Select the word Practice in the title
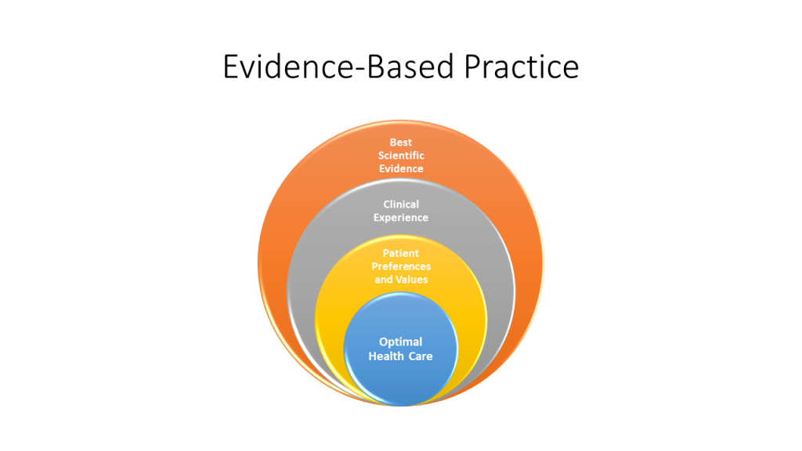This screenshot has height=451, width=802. point(520,67)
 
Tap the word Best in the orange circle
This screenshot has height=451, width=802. point(400,142)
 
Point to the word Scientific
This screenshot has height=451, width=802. point(400,155)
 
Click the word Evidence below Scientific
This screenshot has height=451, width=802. point(400,168)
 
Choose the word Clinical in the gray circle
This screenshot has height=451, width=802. point(401,204)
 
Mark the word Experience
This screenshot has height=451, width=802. point(401,218)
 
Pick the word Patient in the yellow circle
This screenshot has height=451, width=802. point(401,253)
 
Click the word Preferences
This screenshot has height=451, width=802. point(401,266)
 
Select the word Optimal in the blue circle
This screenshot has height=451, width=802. point(401,341)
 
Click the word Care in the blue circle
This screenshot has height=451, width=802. point(420,356)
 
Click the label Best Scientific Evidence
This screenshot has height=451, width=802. point(400,155)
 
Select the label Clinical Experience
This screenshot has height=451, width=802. point(401,211)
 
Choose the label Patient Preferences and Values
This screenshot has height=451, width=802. point(401,266)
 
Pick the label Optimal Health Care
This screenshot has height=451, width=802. point(401,349)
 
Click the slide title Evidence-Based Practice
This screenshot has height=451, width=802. point(401,67)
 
